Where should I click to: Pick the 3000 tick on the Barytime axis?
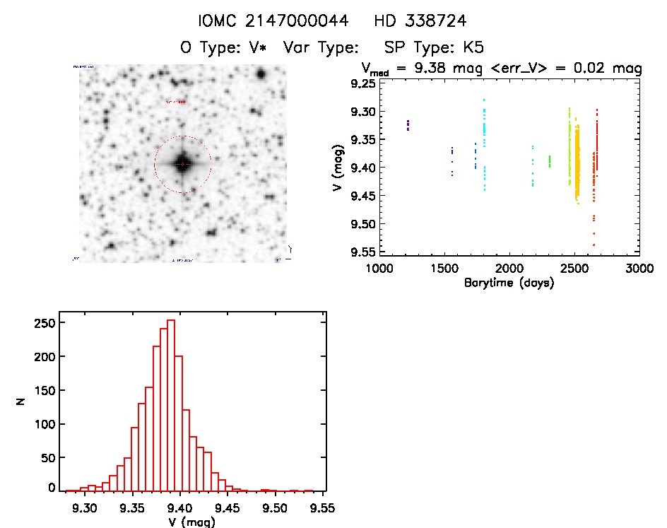(x=639, y=269)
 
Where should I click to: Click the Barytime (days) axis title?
(x=509, y=283)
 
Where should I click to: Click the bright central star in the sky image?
(x=182, y=163)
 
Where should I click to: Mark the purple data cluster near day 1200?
(x=408, y=125)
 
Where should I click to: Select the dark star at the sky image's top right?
(x=261, y=74)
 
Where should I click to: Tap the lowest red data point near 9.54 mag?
(x=594, y=245)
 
